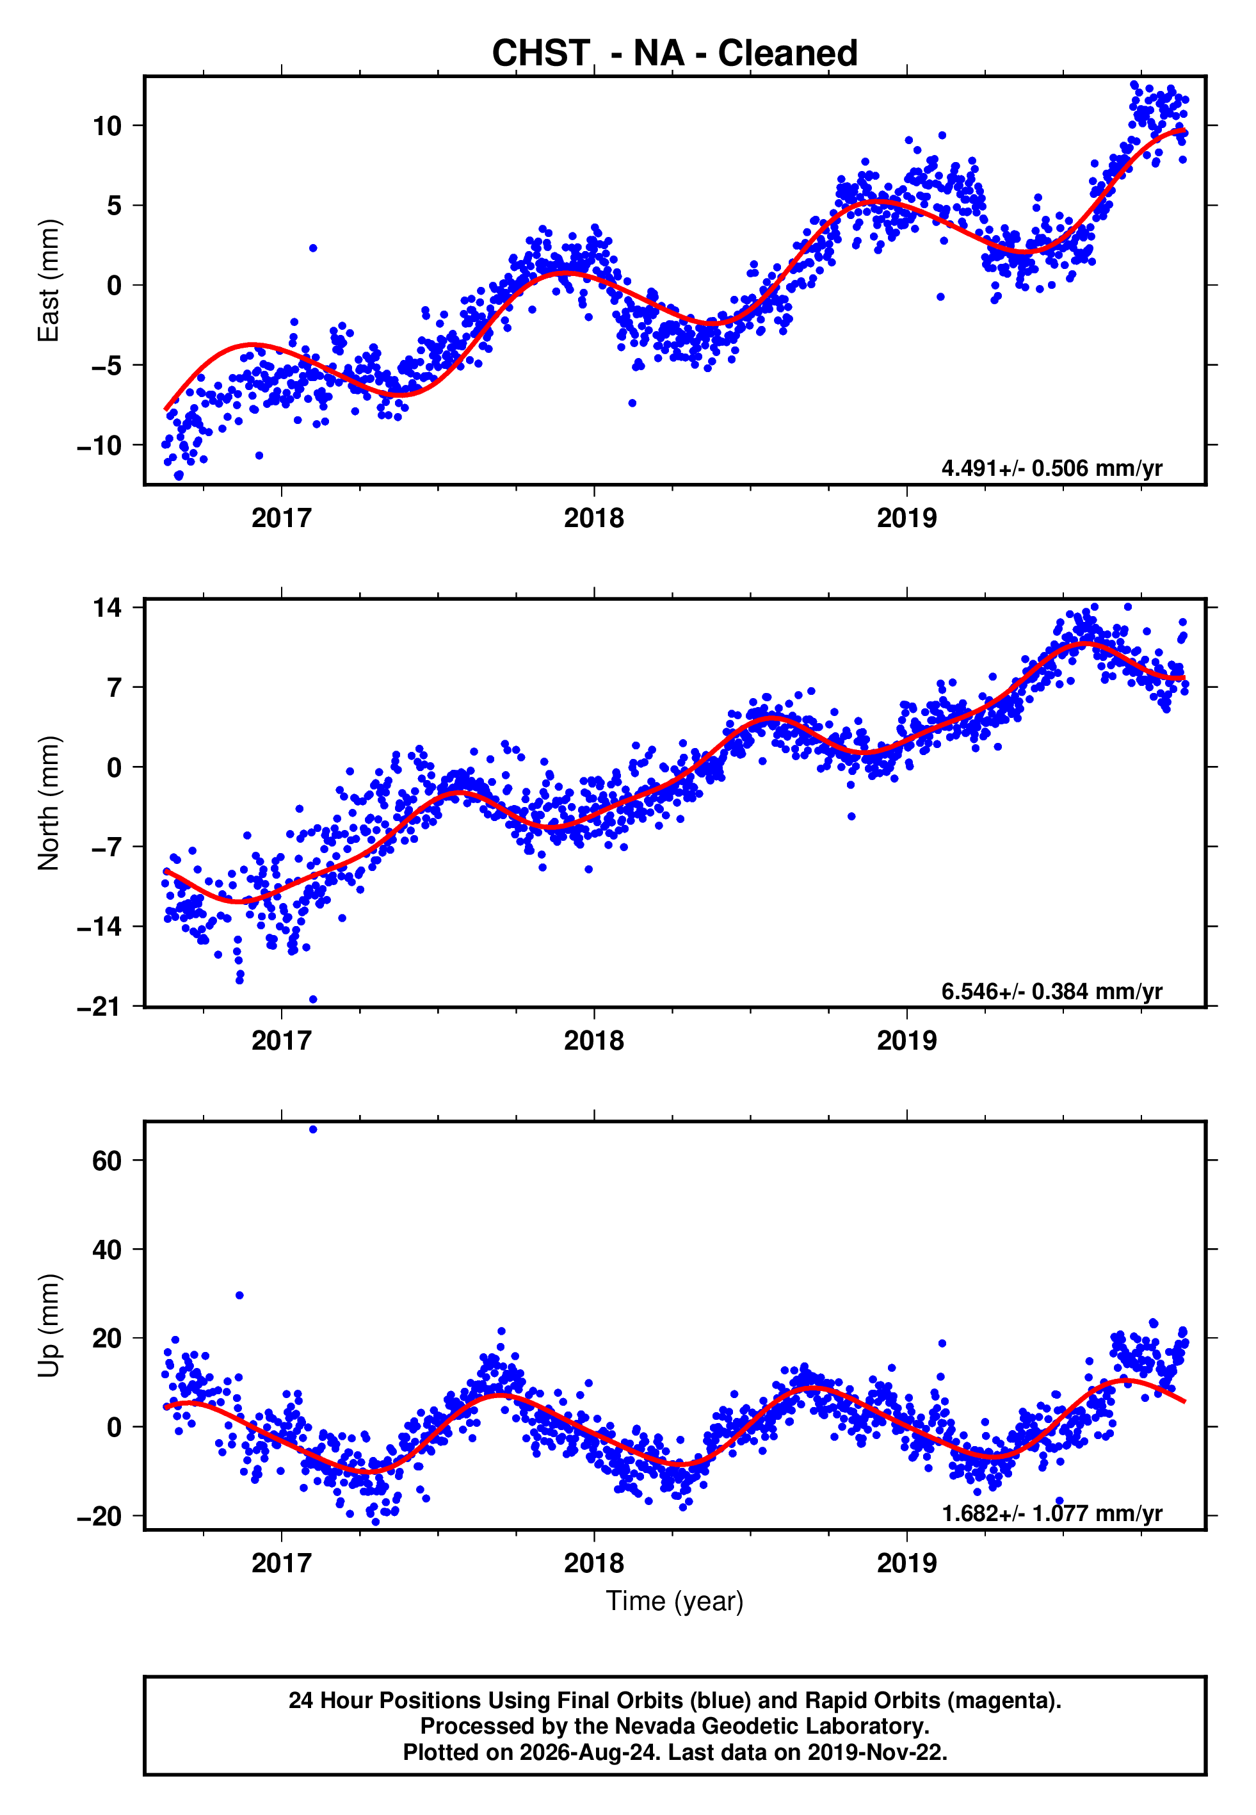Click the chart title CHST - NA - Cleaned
coord(675,54)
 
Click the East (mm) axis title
coord(48,281)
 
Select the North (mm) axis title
coord(48,803)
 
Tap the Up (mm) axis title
coord(48,1326)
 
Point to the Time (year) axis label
coord(675,1602)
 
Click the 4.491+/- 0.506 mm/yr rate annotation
coord(1051,468)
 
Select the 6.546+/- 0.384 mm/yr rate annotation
coord(1051,991)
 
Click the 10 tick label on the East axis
coord(107,126)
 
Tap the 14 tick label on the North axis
coord(107,608)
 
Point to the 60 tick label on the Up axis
coord(107,1161)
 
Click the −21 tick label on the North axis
coord(99,1007)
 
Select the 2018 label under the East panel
coord(593,518)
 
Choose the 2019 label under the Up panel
coord(906,1563)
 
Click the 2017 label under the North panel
coord(281,1041)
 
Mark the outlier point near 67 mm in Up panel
coord(313,1130)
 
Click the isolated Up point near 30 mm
coord(239,1296)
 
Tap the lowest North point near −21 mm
coord(313,1000)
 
